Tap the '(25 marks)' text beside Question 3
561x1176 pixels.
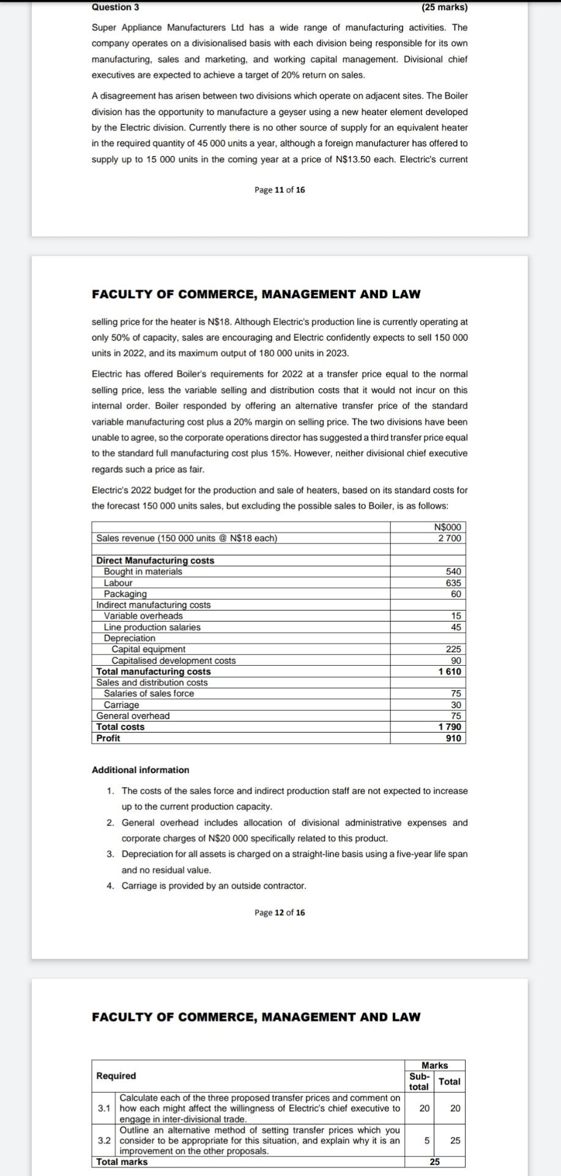444,7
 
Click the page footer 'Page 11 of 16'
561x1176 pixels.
280,190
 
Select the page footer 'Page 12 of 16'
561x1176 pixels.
280,913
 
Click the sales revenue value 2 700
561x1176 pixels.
450,538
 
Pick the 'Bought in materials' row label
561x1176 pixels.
143,571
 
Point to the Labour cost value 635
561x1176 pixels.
453,583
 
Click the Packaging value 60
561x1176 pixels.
456,594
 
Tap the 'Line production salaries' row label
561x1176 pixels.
152,627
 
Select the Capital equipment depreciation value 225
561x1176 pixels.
453,649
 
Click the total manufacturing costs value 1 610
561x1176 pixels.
450,672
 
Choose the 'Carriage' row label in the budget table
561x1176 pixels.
121,705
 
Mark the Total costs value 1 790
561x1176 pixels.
450,727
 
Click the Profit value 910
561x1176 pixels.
453,738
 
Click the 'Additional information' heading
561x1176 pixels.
140,770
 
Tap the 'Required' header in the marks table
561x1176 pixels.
116,1076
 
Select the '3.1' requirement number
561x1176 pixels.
104,1108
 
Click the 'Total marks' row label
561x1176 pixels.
122,1162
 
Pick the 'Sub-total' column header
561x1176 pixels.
419,1082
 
